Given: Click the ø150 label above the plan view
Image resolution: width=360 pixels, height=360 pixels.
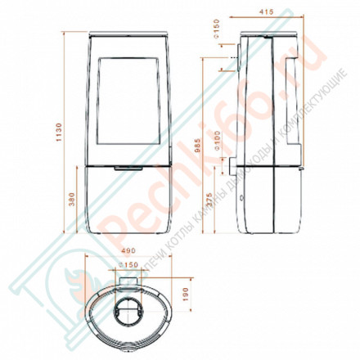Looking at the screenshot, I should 129,266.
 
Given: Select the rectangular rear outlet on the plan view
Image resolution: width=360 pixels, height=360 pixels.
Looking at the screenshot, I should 129,280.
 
